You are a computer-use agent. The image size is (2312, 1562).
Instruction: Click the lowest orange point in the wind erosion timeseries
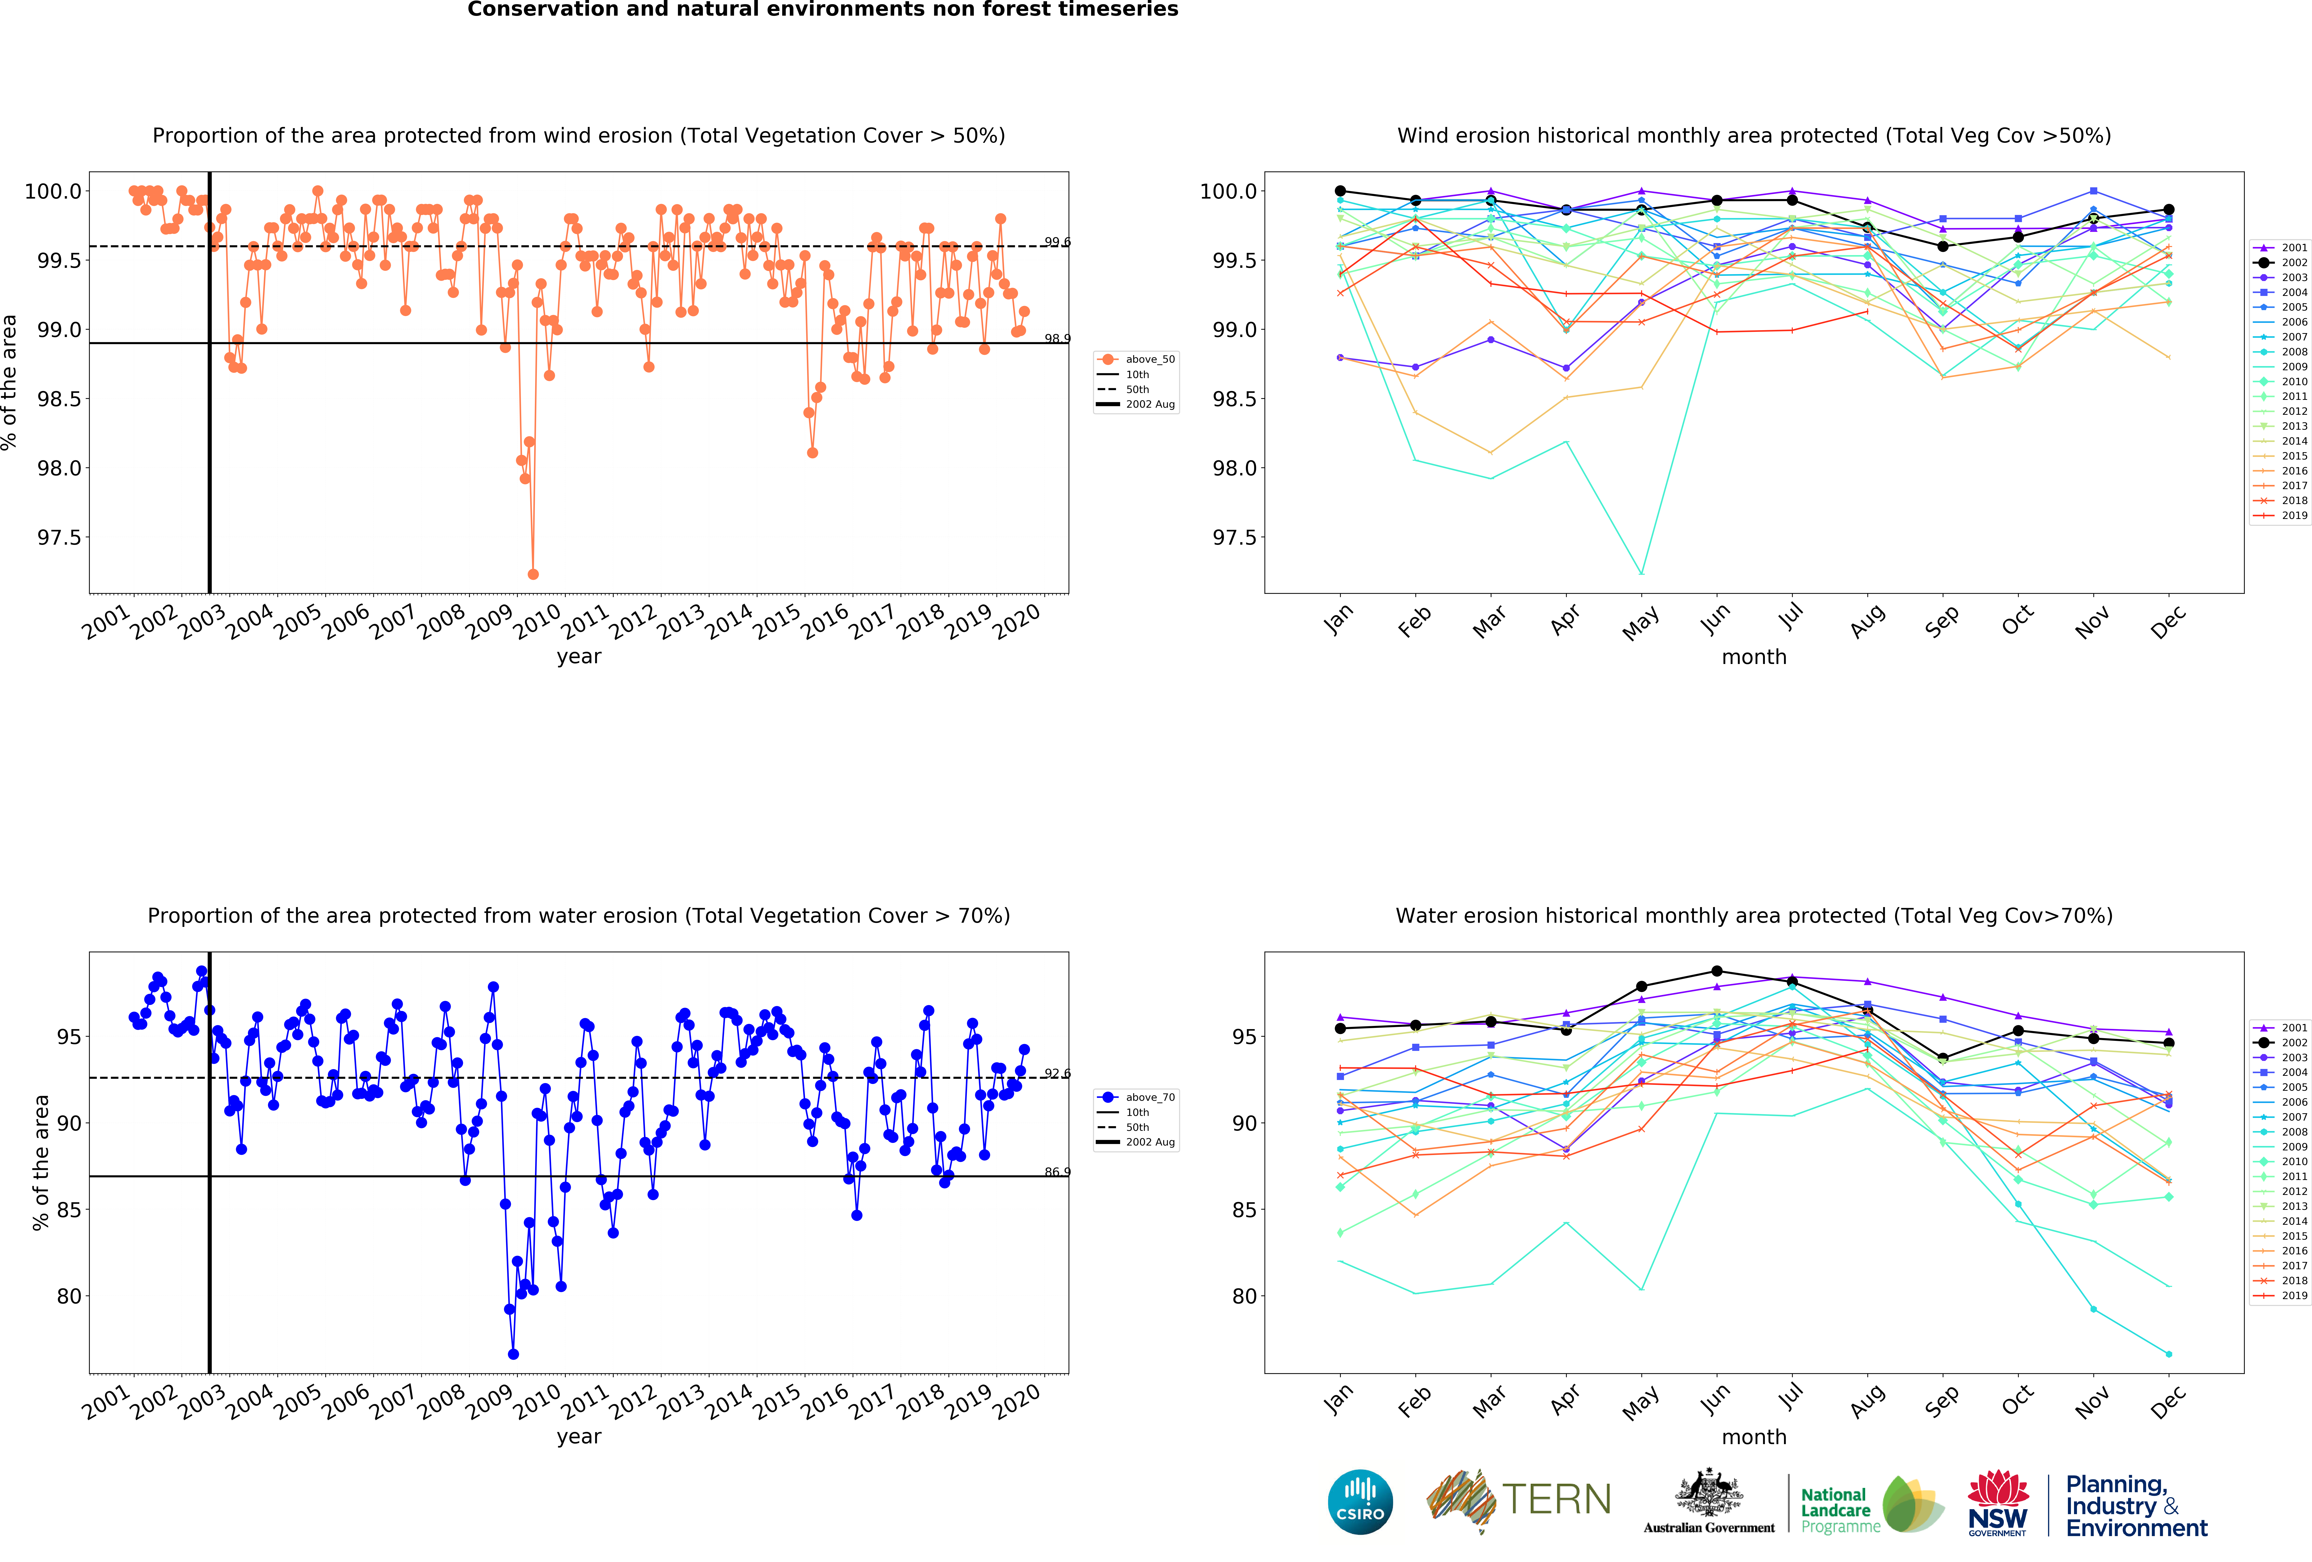[533, 574]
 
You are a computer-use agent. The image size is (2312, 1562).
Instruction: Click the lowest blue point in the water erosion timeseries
[513, 1354]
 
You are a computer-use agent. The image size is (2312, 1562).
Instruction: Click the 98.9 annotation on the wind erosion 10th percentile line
[1057, 338]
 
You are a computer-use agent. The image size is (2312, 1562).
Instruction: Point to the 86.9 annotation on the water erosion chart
[1057, 1172]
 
